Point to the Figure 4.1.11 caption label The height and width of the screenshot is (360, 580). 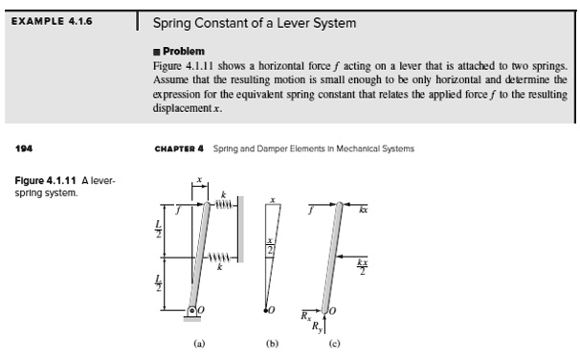point(56,180)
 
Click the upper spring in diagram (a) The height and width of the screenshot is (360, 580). point(224,203)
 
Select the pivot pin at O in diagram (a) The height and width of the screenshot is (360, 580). point(192,310)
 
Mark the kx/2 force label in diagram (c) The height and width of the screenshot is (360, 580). point(361,262)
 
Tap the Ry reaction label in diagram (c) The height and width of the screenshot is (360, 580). point(321,327)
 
